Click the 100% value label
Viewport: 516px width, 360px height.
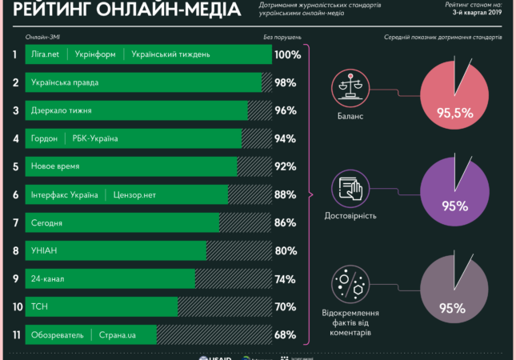[x=287, y=55]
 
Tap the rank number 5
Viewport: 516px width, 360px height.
[x=15, y=166]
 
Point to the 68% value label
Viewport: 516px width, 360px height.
[x=286, y=334]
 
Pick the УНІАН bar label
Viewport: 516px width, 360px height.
[x=44, y=250]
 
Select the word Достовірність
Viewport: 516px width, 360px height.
[x=351, y=216]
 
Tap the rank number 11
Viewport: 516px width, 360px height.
[x=15, y=334]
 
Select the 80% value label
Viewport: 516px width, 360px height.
[x=286, y=250]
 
